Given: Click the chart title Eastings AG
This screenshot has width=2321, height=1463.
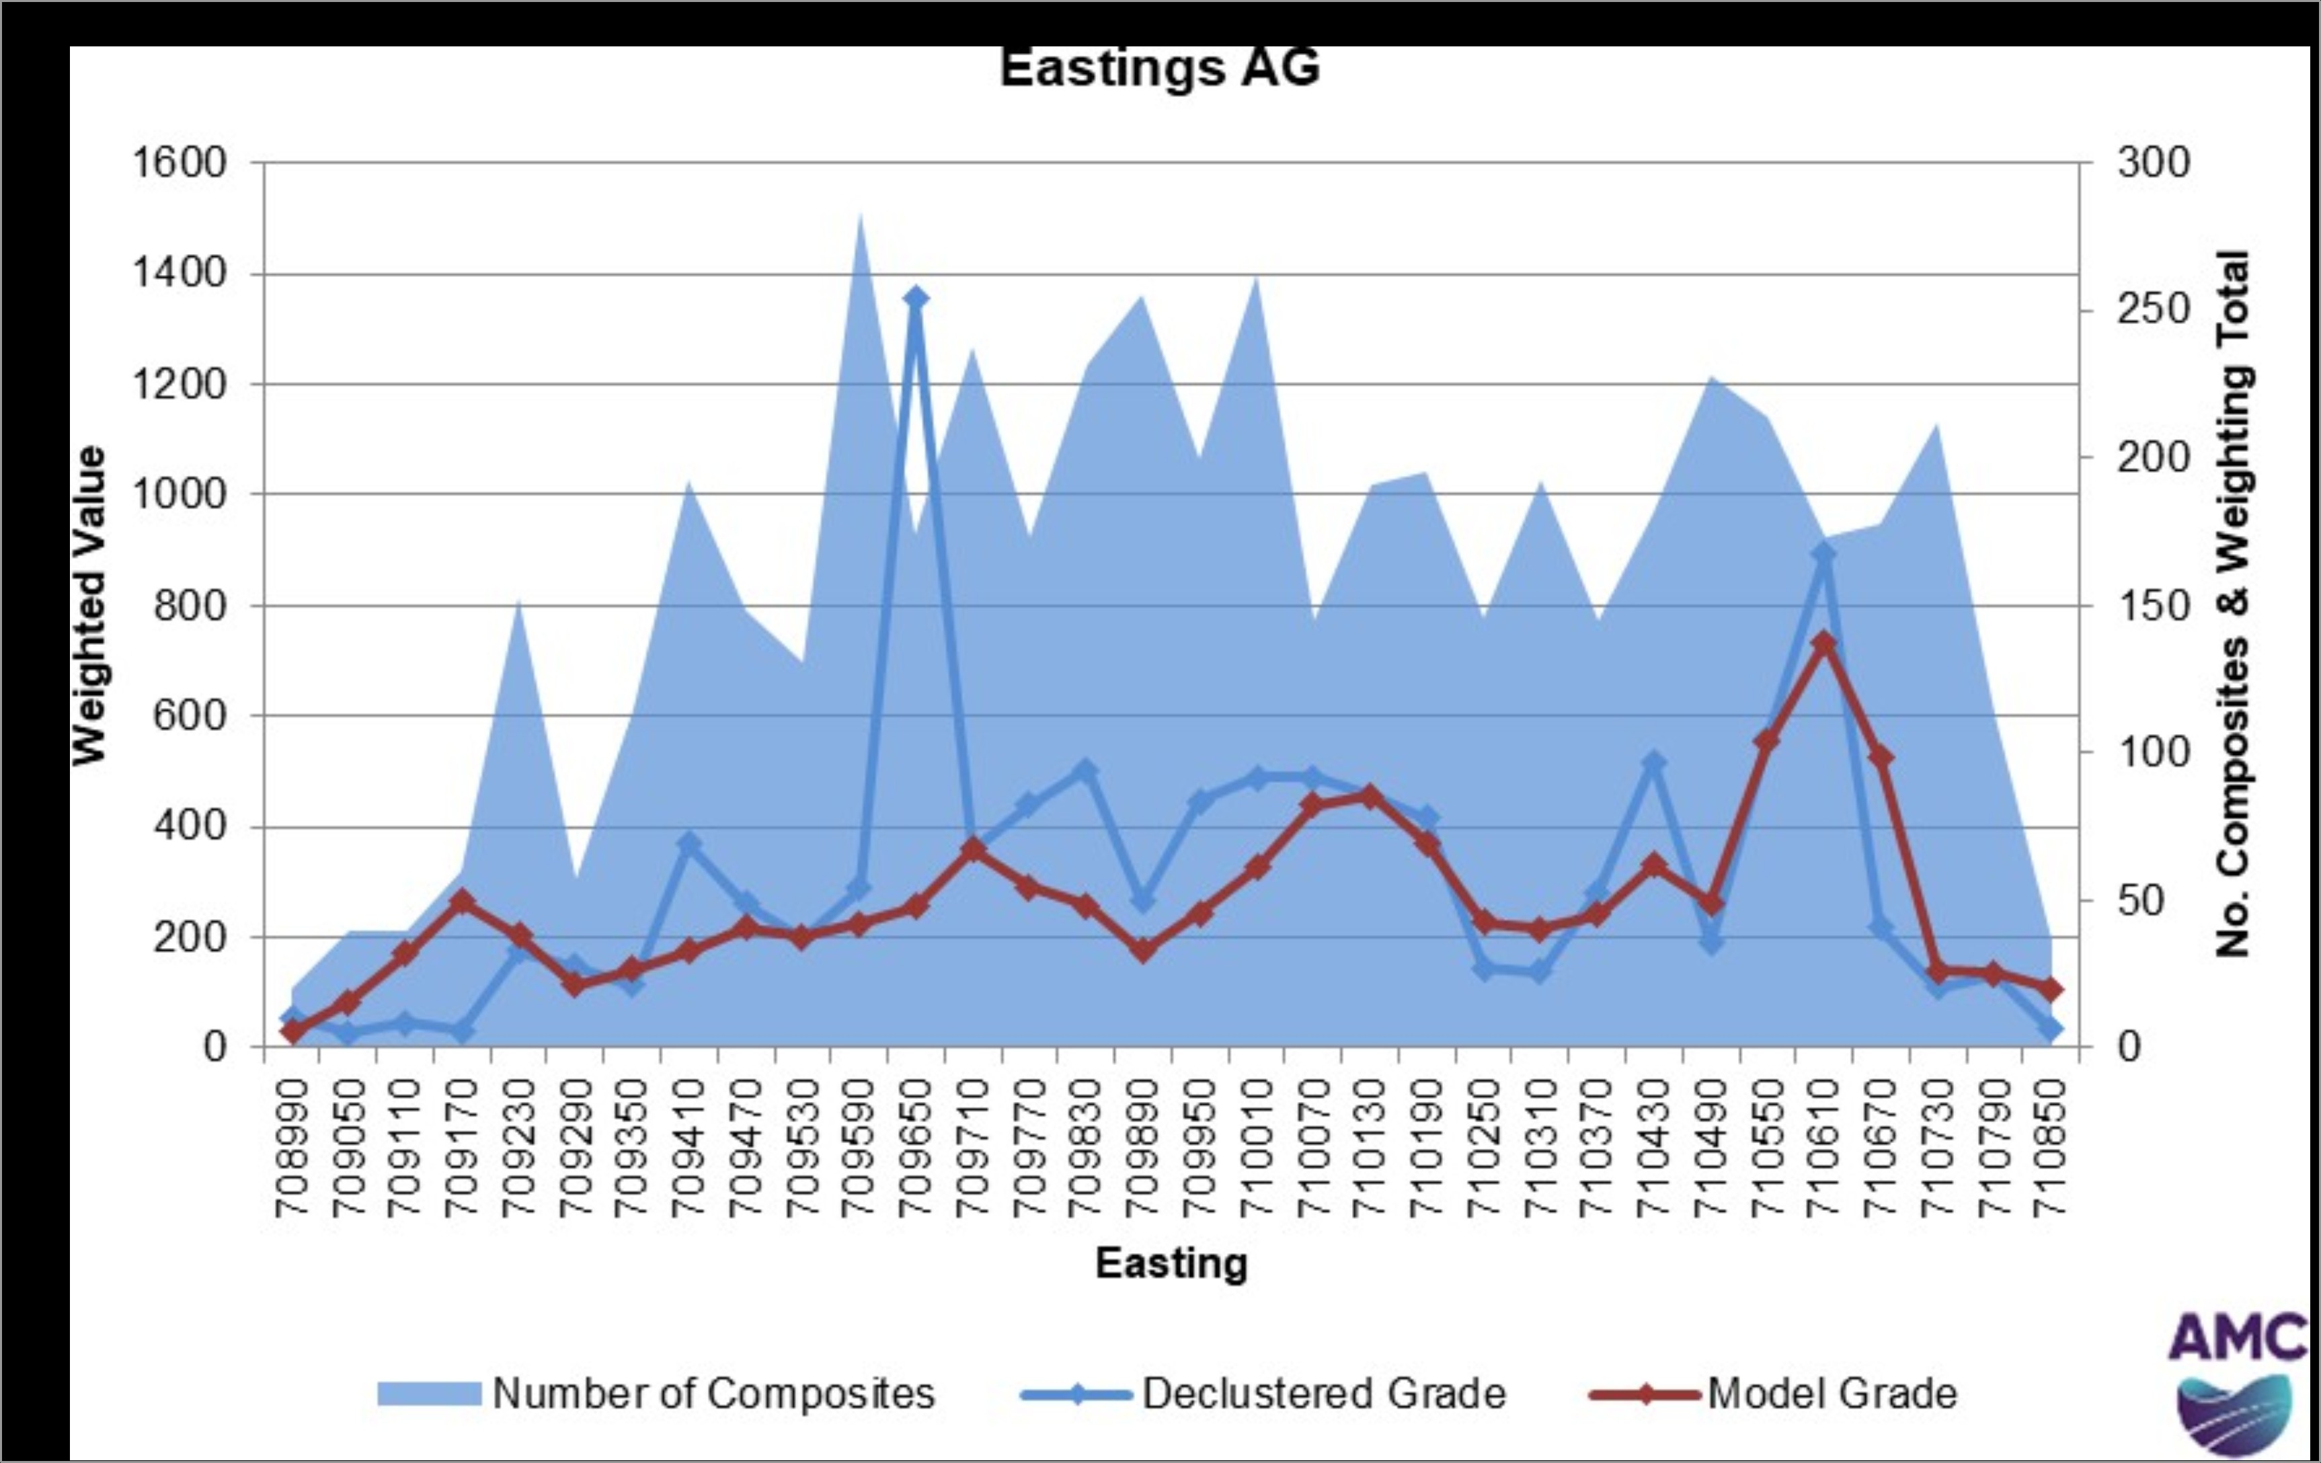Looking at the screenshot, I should click(1160, 67).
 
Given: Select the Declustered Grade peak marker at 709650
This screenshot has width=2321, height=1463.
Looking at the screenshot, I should click(916, 299).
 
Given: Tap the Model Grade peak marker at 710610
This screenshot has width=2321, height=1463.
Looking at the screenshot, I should click(1823, 644).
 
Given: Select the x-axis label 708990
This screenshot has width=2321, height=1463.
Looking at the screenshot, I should click(292, 1147).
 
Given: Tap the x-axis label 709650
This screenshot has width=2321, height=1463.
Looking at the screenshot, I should click(916, 1147).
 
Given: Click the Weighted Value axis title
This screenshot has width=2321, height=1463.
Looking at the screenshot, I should click(89, 605).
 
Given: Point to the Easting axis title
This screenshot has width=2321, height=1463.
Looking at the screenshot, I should click(1171, 1263).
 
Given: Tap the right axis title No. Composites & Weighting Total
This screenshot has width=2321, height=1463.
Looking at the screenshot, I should click(2232, 603).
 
